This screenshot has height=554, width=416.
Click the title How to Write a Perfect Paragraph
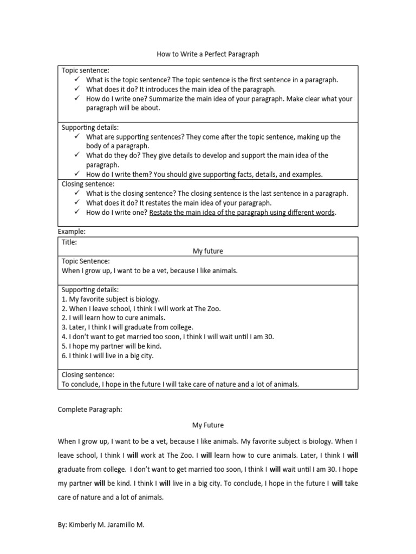(208, 54)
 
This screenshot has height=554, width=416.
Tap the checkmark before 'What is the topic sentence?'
(77, 80)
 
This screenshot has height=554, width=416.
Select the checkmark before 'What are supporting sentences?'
(77, 137)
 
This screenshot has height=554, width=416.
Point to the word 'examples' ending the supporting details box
(308, 174)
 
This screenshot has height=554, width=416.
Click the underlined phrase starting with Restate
(242, 213)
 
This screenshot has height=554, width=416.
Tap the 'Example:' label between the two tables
(71, 232)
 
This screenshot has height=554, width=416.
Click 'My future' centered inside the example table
(208, 251)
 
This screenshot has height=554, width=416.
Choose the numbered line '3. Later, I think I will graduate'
(127, 327)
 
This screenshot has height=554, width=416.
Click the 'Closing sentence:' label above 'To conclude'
(88, 374)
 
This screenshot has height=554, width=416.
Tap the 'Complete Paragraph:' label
(90, 410)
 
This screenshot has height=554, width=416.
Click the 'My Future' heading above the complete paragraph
(208, 425)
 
